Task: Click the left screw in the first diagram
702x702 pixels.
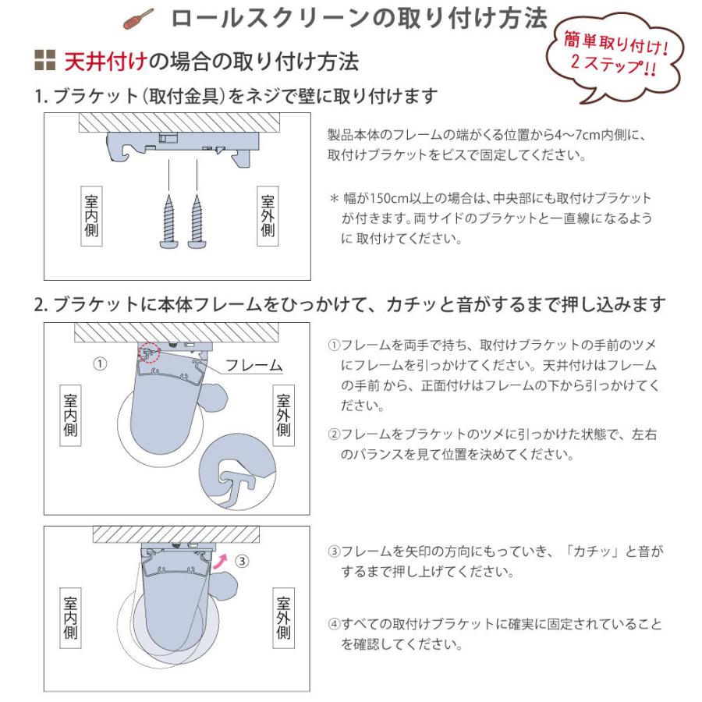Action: (x=168, y=222)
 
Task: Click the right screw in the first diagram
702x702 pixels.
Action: (x=196, y=222)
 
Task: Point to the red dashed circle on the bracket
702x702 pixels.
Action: (x=150, y=351)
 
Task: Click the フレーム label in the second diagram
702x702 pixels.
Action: (x=253, y=364)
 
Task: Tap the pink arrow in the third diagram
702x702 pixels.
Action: (x=225, y=559)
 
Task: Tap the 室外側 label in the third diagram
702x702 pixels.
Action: (x=283, y=618)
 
